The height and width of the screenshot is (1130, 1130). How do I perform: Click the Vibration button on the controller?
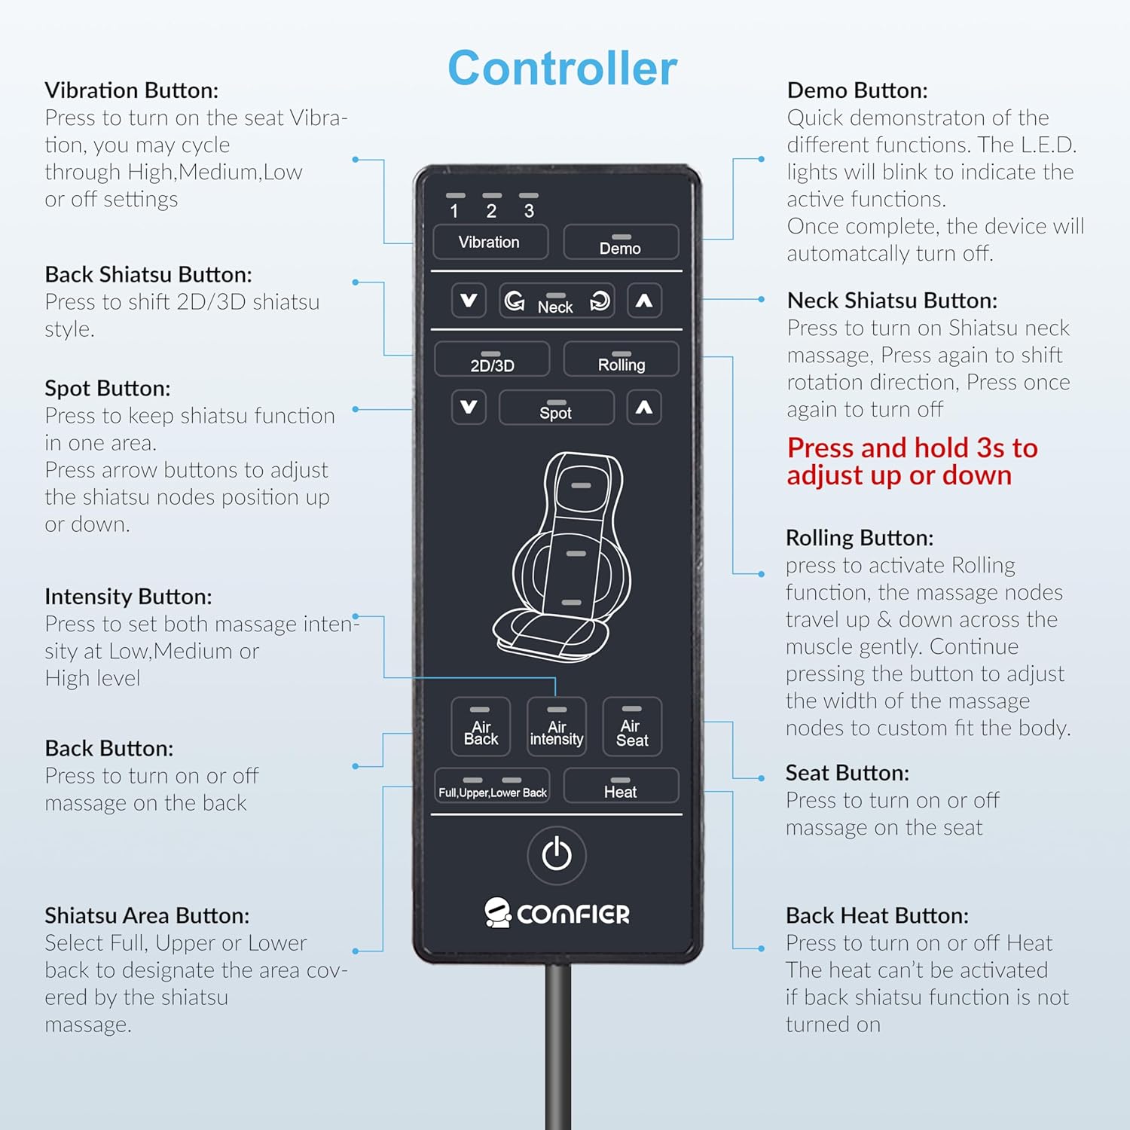(x=490, y=242)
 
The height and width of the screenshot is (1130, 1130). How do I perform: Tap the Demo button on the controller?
(x=621, y=242)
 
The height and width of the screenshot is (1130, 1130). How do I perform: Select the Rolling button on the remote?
(x=621, y=359)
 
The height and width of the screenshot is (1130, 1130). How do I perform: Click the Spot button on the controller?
(x=556, y=408)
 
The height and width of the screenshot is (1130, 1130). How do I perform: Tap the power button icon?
(x=557, y=855)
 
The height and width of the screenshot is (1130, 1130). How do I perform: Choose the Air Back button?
(x=481, y=726)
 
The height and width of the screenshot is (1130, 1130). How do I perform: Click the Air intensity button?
(x=557, y=726)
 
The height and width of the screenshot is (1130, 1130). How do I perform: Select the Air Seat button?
(x=632, y=726)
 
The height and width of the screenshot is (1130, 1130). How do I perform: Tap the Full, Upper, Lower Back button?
(x=492, y=786)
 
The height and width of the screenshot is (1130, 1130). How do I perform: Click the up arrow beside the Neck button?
(x=644, y=301)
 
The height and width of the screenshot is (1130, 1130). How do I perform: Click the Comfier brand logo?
(x=557, y=913)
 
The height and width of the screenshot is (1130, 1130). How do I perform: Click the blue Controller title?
(x=563, y=68)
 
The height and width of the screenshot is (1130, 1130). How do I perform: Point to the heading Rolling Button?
(x=860, y=538)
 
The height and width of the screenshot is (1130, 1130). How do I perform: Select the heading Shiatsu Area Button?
(x=147, y=915)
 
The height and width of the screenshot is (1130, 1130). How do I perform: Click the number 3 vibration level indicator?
(x=529, y=206)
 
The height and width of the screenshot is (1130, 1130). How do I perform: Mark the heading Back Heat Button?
(x=877, y=915)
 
